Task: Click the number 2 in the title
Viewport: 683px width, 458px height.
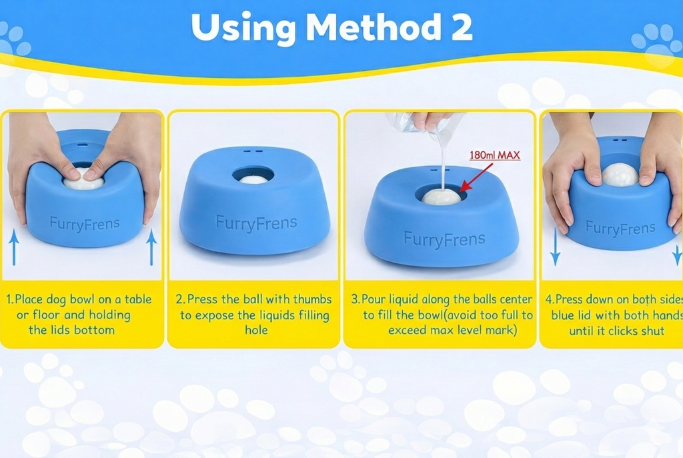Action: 462,27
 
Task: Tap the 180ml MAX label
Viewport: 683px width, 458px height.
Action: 494,155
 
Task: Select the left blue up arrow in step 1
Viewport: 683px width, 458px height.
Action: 14,247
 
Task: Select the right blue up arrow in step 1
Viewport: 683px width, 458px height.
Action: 151,247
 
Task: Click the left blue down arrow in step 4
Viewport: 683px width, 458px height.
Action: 555,247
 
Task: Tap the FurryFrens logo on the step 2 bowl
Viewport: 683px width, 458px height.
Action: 256,223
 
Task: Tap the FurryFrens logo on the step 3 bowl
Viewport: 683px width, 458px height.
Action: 444,239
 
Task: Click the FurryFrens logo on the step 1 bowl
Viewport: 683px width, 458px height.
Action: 85,224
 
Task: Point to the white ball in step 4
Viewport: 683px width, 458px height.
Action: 620,175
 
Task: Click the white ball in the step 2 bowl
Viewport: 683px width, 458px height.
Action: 253,179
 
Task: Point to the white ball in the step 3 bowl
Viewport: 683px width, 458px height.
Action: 441,197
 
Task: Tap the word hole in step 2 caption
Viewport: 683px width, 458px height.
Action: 256,330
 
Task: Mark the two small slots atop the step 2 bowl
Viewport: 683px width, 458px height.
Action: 253,151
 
